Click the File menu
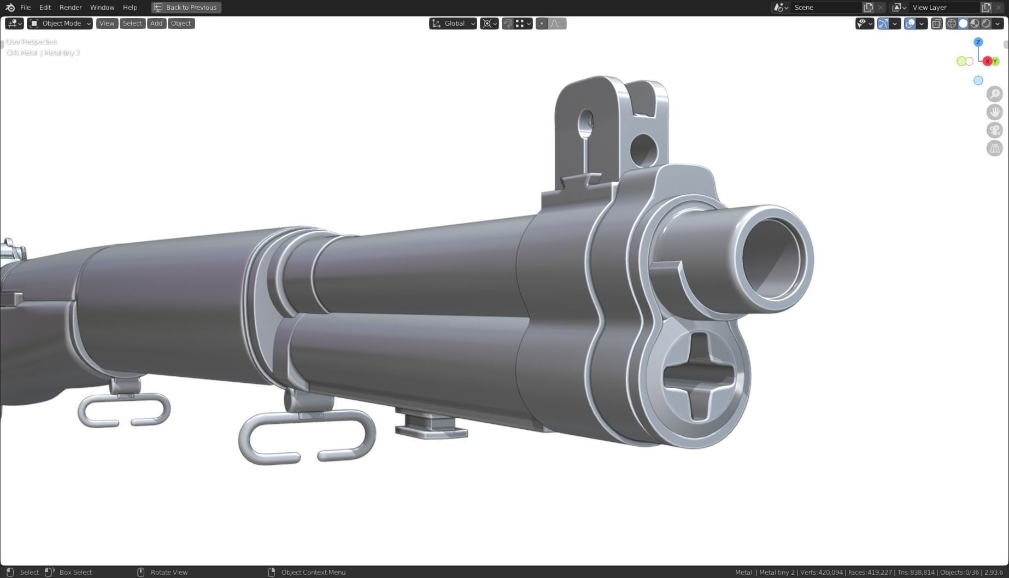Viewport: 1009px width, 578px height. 25,8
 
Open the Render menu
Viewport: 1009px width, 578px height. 71,8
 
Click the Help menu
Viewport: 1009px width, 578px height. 130,8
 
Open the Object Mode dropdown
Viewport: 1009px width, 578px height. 60,24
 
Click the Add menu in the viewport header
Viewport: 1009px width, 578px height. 156,24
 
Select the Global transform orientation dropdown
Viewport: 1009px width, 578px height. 453,24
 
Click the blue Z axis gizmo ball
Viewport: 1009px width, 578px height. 978,42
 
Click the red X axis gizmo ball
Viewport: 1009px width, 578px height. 987,61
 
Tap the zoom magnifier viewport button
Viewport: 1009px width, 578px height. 994,94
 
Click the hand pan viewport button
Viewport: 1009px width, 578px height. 994,112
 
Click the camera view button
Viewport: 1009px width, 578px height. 994,130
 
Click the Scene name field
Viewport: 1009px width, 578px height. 825,8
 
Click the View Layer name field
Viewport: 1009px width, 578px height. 943,8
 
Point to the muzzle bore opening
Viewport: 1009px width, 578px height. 772,258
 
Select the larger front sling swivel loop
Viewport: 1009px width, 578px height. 307,437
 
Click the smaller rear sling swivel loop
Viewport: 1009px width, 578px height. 125,412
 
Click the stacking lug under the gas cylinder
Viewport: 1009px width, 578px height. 431,427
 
